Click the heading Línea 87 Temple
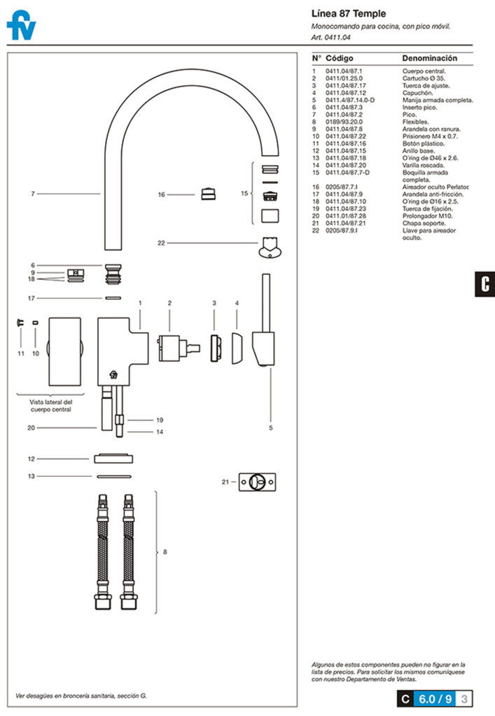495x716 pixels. [x=348, y=14]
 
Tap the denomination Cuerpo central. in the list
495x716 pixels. [x=424, y=71]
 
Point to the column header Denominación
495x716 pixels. [x=429, y=58]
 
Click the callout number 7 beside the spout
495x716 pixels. [x=32, y=194]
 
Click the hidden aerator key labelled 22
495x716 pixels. [x=269, y=246]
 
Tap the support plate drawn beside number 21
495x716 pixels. [x=257, y=482]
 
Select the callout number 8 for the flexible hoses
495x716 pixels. [x=165, y=552]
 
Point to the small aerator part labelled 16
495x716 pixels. [x=207, y=194]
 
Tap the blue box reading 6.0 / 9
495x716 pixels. [x=435, y=698]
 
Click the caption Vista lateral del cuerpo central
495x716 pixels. [x=51, y=406]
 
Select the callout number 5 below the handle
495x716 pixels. [x=271, y=427]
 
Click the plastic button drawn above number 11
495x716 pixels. [x=20, y=322]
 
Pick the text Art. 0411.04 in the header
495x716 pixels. [x=330, y=37]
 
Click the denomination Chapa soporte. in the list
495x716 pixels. [x=422, y=223]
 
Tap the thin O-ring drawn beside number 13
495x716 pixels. [x=112, y=476]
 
